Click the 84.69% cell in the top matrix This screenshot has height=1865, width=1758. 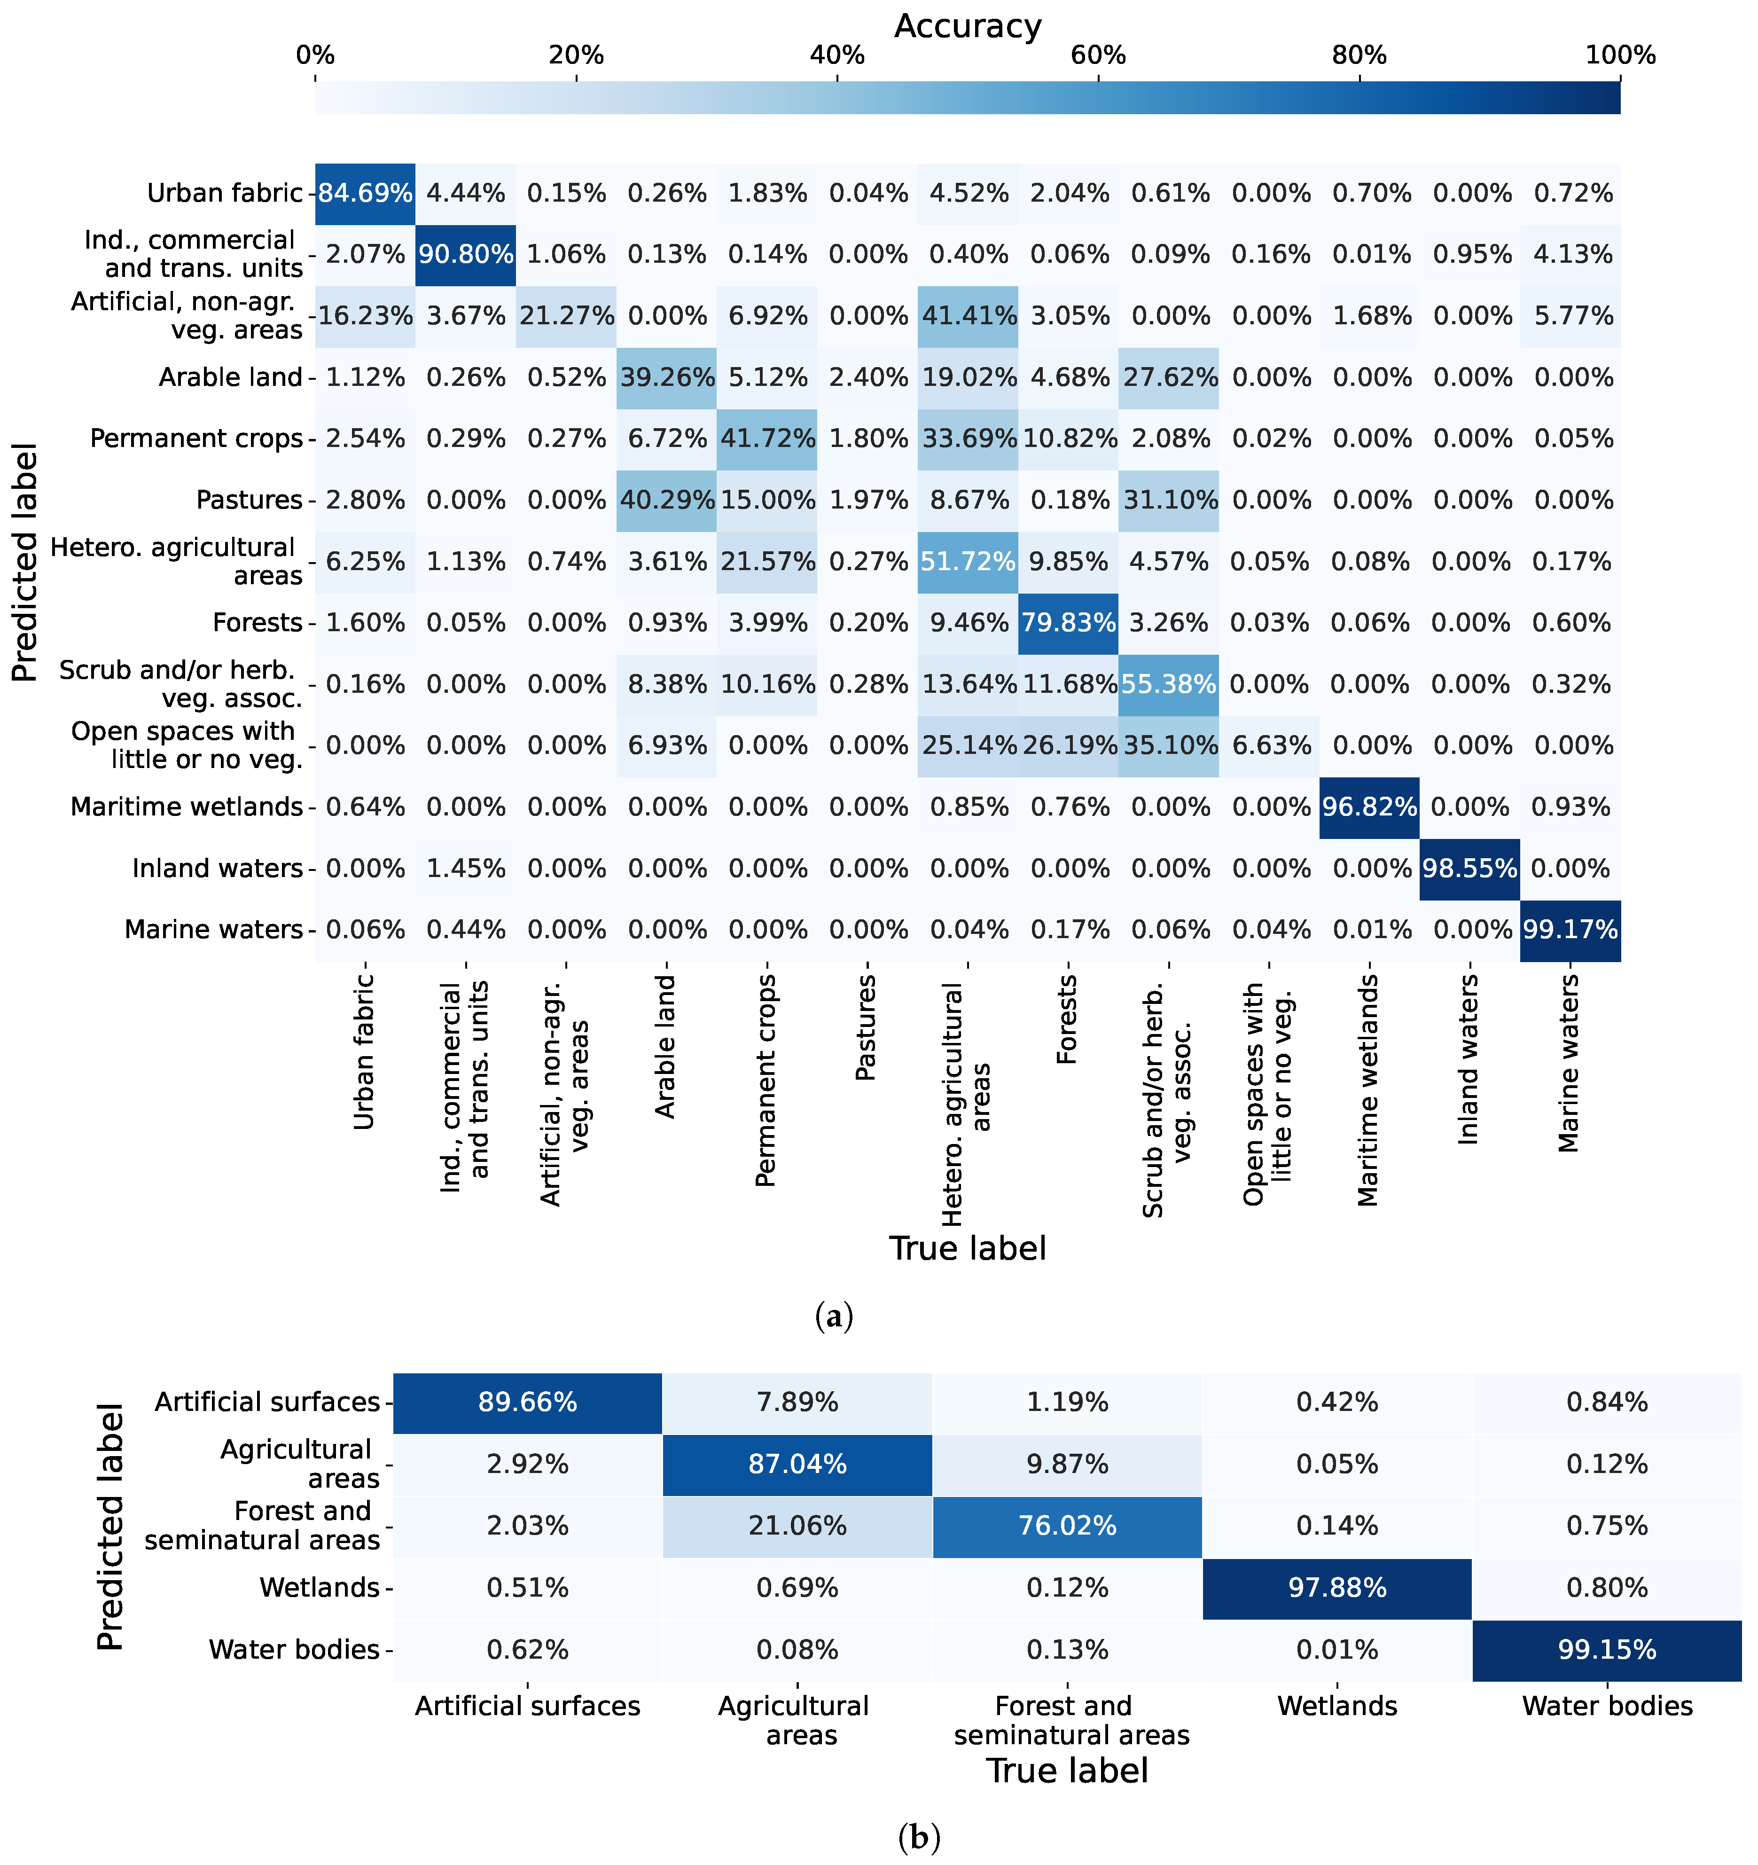point(365,193)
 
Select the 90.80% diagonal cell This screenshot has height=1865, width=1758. point(465,254)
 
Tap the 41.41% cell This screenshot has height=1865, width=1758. point(968,316)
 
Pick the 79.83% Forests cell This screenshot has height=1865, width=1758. point(1069,623)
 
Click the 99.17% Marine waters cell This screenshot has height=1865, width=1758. point(1570,930)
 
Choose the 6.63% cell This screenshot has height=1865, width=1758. point(1269,746)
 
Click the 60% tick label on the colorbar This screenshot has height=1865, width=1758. point(1098,55)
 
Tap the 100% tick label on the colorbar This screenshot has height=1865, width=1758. point(1620,55)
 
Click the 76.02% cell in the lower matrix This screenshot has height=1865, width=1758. point(1068,1525)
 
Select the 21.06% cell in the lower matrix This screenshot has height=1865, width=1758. point(797,1525)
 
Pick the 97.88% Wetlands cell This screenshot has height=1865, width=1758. point(1337,1587)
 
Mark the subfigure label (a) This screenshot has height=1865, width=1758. point(834,1317)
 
